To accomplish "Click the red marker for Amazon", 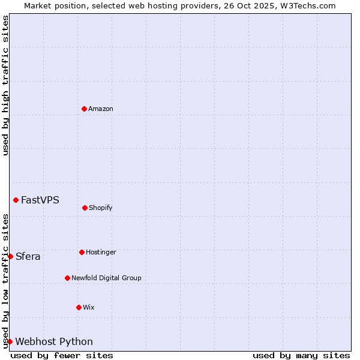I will [x=84, y=109].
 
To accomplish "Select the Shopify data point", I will [x=85, y=208].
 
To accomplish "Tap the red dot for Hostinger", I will [x=82, y=252].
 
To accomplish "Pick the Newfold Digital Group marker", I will [x=67, y=278].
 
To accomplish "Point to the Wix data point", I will [x=79, y=307].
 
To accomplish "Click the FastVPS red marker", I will [x=16, y=200].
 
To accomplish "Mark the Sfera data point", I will [x=10, y=256].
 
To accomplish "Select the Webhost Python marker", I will [x=10, y=341].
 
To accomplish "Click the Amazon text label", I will [x=101, y=109].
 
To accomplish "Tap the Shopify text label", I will [x=101, y=208].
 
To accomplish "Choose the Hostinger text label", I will [x=101, y=253].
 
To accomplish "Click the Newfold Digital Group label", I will [x=106, y=278].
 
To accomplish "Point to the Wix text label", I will [x=89, y=308].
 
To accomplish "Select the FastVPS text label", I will [x=40, y=200].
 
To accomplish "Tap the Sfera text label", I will [x=28, y=257].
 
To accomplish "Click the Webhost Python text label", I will [x=54, y=342].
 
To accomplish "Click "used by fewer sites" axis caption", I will [x=62, y=355].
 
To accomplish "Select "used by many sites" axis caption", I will [x=301, y=355].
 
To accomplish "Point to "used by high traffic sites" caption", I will [x=5, y=85].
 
